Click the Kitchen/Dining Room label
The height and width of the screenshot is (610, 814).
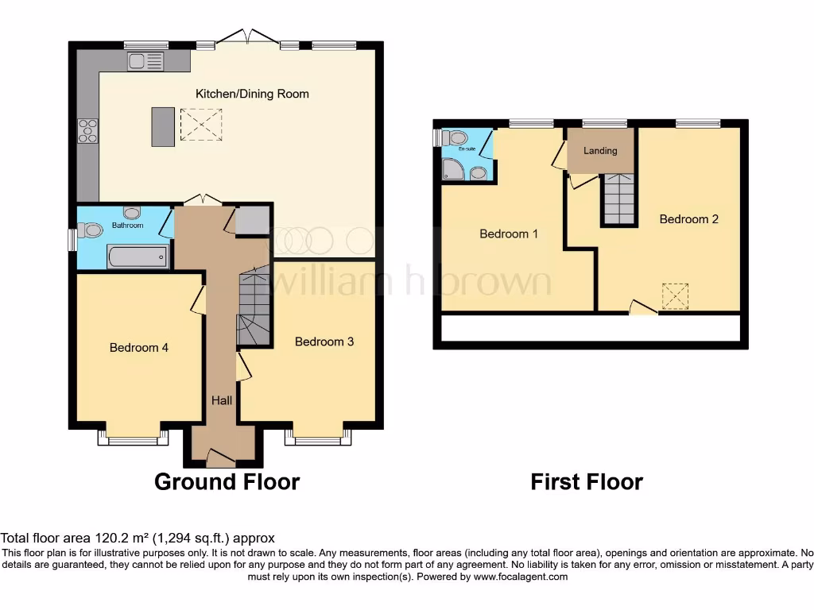coord(252,94)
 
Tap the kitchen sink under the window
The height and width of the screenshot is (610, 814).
coord(145,60)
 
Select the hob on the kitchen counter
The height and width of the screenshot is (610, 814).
coord(87,130)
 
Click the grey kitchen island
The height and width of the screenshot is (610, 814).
coord(162,127)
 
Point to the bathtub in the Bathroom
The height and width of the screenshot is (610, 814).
coord(138,256)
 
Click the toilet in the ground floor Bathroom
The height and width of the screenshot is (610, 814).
coord(91,230)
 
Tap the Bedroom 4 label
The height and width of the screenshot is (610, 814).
coord(139,347)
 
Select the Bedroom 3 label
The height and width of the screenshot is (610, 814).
coord(324,342)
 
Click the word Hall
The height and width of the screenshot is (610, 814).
coord(222,400)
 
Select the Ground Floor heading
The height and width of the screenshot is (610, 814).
coord(227,482)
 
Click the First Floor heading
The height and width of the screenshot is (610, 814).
coord(587,482)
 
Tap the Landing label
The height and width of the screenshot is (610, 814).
coord(600,151)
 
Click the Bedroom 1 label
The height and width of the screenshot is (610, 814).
coord(509,234)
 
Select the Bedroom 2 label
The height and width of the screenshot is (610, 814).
coord(689,219)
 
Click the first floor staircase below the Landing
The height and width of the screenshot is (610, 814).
coord(618,199)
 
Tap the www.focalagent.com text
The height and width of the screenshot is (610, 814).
coord(520,577)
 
